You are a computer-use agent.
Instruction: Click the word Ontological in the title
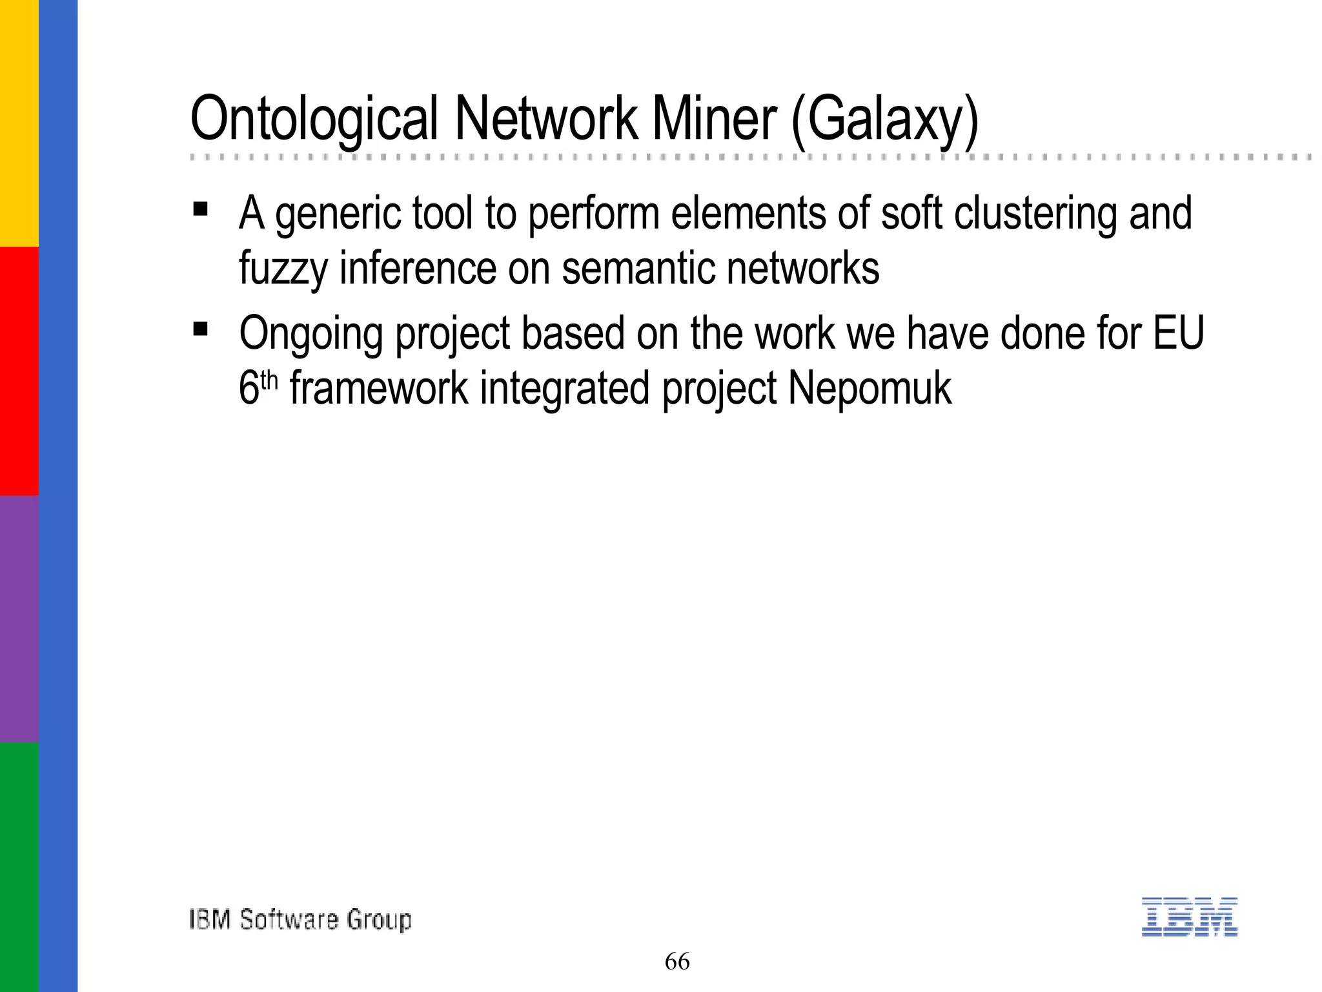314,120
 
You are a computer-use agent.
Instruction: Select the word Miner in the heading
714,119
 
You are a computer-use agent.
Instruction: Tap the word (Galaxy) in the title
885,120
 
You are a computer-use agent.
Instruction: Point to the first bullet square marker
200,209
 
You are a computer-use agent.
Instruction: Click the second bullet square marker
200,329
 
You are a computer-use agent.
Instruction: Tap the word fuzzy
283,269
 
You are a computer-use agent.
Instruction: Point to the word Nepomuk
869,389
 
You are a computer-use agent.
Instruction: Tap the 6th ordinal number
258,387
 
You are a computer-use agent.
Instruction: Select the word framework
379,389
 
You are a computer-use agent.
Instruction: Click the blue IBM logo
1189,916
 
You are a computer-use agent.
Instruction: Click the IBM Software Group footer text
300,920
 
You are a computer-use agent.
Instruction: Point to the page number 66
677,962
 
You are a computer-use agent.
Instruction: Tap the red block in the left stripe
19,371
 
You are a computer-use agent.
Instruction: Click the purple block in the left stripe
19,619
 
